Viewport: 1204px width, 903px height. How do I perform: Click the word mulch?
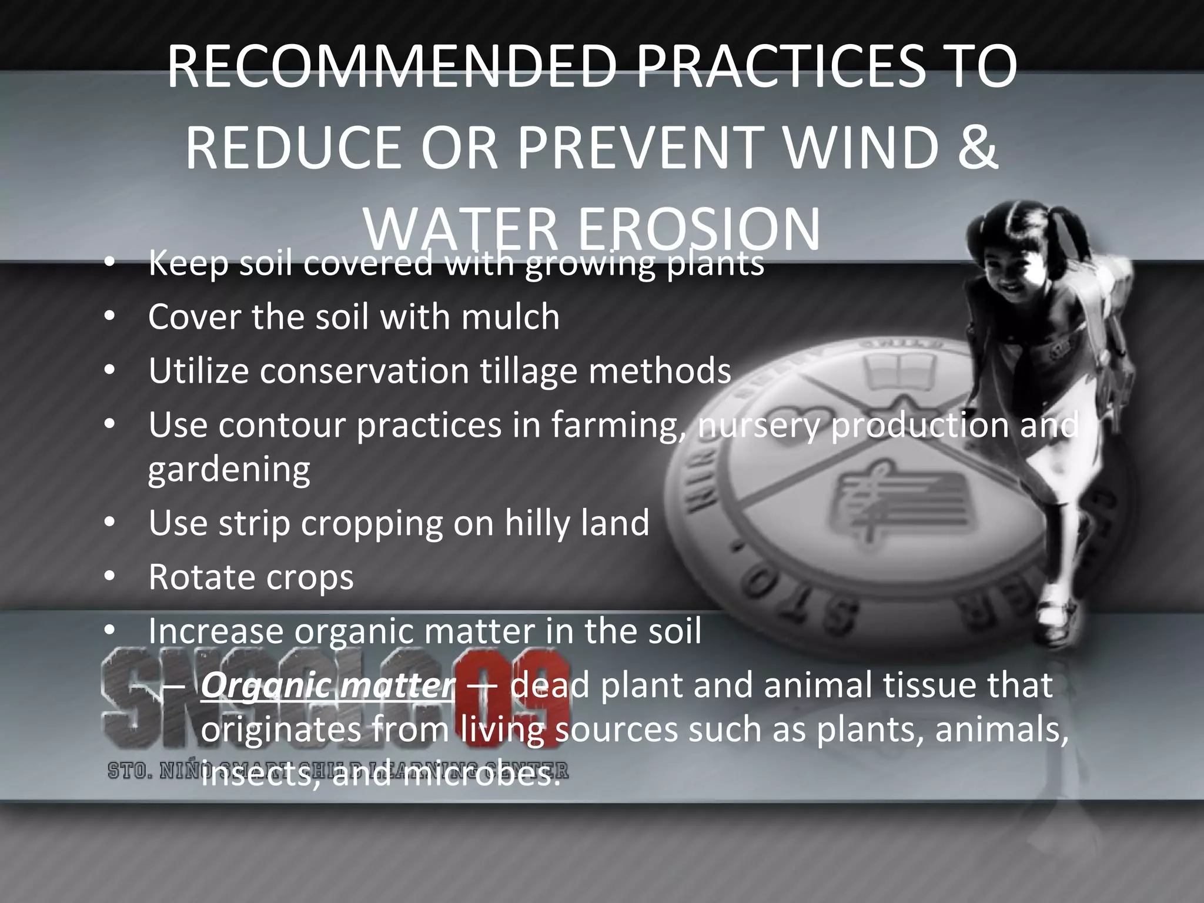pyautogui.click(x=510, y=317)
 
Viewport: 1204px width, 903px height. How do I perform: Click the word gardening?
pyautogui.click(x=229, y=469)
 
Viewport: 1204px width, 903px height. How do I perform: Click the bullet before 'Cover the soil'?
pyautogui.click(x=109, y=317)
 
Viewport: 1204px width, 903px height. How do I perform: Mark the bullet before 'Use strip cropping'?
pyautogui.click(x=109, y=523)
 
